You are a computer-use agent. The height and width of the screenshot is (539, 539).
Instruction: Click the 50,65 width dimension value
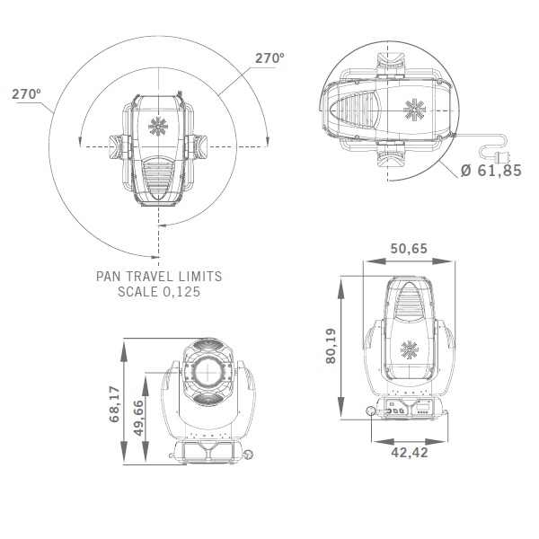409,249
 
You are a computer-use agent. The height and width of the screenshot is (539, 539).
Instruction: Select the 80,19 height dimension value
331,346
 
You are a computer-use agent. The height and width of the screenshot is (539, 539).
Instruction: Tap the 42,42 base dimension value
410,453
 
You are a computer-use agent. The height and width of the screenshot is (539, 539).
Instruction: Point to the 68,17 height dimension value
114,404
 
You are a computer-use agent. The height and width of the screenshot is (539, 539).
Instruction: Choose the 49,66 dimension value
138,418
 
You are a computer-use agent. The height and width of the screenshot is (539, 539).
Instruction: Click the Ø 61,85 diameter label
491,171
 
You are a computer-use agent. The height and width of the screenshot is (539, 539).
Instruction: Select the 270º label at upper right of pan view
269,58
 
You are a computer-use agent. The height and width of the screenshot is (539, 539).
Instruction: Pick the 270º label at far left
26,93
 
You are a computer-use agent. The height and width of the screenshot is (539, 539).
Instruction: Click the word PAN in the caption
107,277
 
